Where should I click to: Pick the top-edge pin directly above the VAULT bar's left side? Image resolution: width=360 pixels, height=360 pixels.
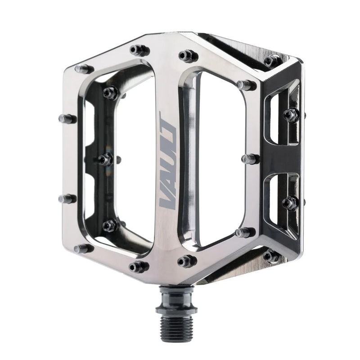[x=139, y=50]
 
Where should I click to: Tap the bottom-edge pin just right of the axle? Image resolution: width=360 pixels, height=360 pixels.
[x=187, y=261]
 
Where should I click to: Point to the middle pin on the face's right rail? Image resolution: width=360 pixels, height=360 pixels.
[x=250, y=158]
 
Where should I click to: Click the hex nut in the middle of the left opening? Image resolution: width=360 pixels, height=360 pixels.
[x=105, y=159]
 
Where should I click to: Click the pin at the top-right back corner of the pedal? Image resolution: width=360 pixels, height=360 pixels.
[x=273, y=61]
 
